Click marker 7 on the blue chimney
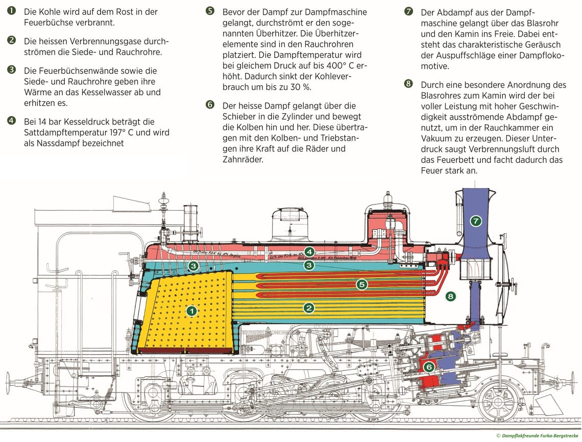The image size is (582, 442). click(476, 221)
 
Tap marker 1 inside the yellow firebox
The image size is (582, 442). click(191, 310)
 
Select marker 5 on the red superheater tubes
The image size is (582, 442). click(362, 284)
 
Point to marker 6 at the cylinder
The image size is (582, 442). click(429, 367)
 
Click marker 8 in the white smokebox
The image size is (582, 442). click(450, 296)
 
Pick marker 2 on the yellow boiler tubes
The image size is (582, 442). click(308, 307)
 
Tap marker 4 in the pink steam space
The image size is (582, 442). click(309, 251)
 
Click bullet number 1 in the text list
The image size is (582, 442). click(11, 11)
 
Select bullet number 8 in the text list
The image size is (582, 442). click(408, 84)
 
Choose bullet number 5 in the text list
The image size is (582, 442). click(210, 11)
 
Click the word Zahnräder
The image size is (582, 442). click(243, 160)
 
